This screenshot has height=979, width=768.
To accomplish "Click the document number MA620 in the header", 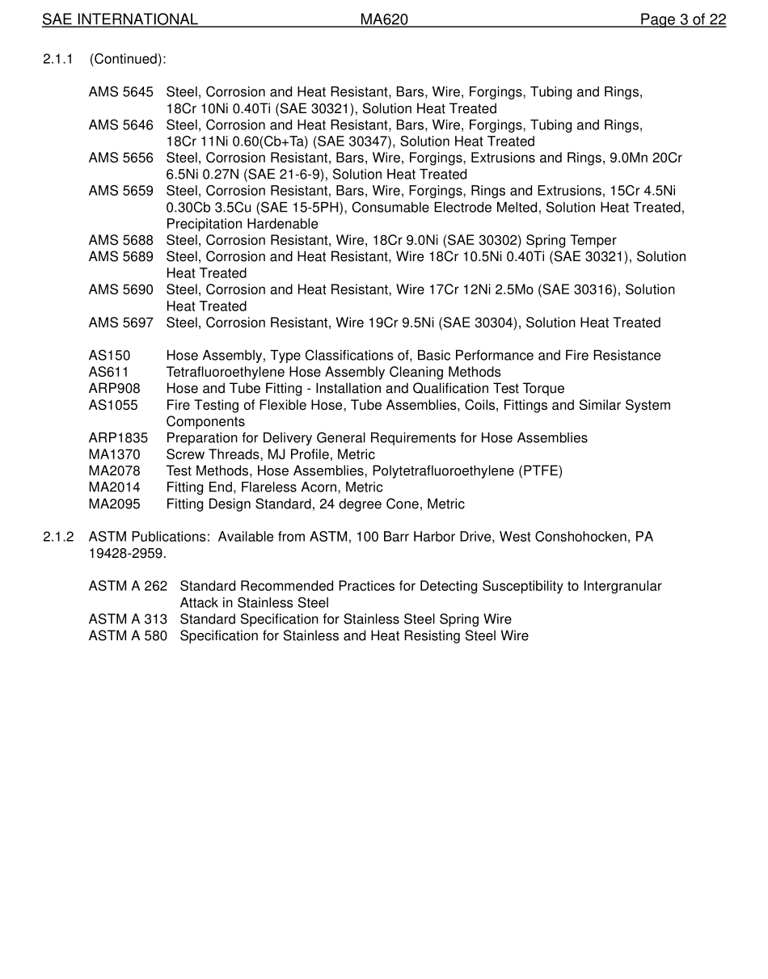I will [x=384, y=19].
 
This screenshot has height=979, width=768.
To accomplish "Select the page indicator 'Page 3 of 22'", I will [x=682, y=19].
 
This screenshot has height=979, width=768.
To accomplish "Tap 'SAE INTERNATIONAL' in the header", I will [x=120, y=19].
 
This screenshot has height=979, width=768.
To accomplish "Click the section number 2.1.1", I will [x=58, y=59].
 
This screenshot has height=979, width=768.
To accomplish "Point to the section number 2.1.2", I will [x=58, y=537].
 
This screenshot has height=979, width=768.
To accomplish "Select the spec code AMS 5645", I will [x=120, y=92].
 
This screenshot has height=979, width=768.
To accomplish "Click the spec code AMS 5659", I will [x=120, y=191].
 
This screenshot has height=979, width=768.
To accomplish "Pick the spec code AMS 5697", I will [x=120, y=323].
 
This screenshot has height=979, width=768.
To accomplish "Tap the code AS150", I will [x=109, y=356].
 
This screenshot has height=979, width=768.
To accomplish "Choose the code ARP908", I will [x=114, y=389].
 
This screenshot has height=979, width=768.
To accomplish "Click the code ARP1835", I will [x=118, y=438].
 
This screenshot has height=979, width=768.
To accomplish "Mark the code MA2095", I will [x=114, y=504].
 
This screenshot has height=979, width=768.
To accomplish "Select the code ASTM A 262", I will [x=128, y=586].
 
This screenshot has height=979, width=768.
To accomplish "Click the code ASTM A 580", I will [x=128, y=636].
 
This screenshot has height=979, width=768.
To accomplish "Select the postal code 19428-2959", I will [x=127, y=554].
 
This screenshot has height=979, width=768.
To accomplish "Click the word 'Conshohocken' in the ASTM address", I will [x=582, y=537].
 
